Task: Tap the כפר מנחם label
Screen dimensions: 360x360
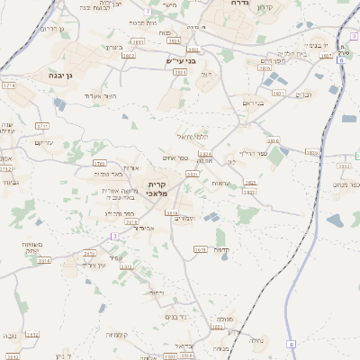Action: (x=347, y=184)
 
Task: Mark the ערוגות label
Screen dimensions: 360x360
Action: (x=220, y=182)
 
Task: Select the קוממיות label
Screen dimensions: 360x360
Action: (x=116, y=335)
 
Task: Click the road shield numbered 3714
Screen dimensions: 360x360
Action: (x=9, y=85)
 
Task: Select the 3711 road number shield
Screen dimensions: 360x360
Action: (x=42, y=125)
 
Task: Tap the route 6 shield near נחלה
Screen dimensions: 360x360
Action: (x=291, y=344)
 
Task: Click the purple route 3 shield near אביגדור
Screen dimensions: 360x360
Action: (x=114, y=236)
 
